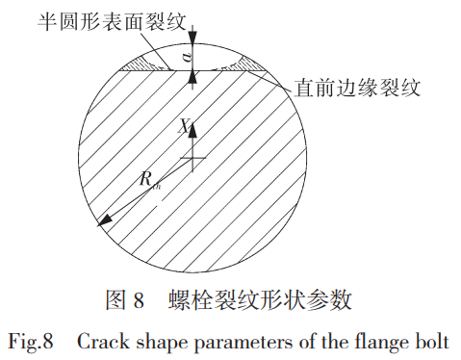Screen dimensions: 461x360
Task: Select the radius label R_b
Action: click(148, 179)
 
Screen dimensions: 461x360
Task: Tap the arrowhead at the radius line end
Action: click(104, 222)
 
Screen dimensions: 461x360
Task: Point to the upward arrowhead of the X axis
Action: click(192, 123)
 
